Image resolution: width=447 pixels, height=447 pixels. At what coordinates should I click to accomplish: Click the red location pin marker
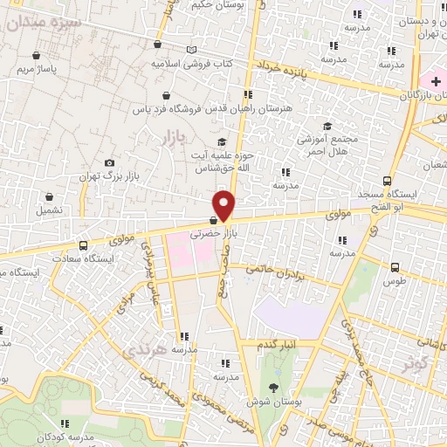coord(225,205)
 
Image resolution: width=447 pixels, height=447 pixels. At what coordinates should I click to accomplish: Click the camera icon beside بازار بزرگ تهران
coord(109,162)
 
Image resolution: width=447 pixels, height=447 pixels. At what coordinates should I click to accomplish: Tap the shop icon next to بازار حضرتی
coord(214,221)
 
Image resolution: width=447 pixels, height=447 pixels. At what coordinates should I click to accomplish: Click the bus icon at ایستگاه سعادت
coord(83,245)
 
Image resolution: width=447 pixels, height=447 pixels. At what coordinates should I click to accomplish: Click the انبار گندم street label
coord(278,345)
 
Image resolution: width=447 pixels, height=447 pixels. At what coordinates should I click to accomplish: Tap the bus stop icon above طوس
coord(395,267)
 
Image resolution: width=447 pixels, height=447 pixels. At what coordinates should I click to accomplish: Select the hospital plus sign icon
coord(436,81)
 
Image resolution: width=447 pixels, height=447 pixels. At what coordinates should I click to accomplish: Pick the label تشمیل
coord(49,210)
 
